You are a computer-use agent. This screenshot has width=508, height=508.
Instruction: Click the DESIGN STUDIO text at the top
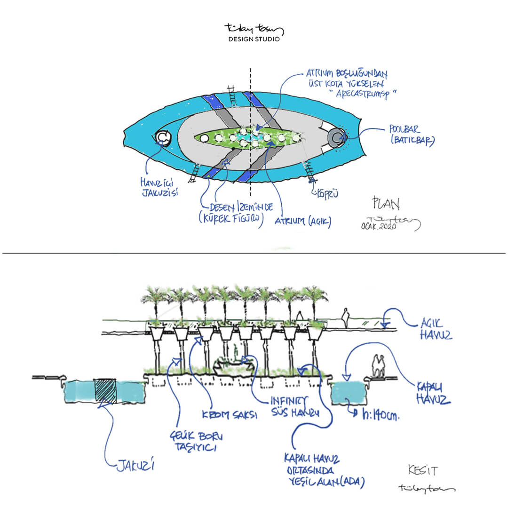tap(254, 39)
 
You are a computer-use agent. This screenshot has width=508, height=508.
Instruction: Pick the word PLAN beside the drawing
tap(386, 204)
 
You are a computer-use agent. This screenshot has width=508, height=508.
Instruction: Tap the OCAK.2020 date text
tap(379, 226)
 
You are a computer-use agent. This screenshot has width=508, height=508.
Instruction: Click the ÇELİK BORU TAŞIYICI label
tap(193, 442)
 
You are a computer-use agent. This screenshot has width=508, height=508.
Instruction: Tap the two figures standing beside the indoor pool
tap(379, 365)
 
